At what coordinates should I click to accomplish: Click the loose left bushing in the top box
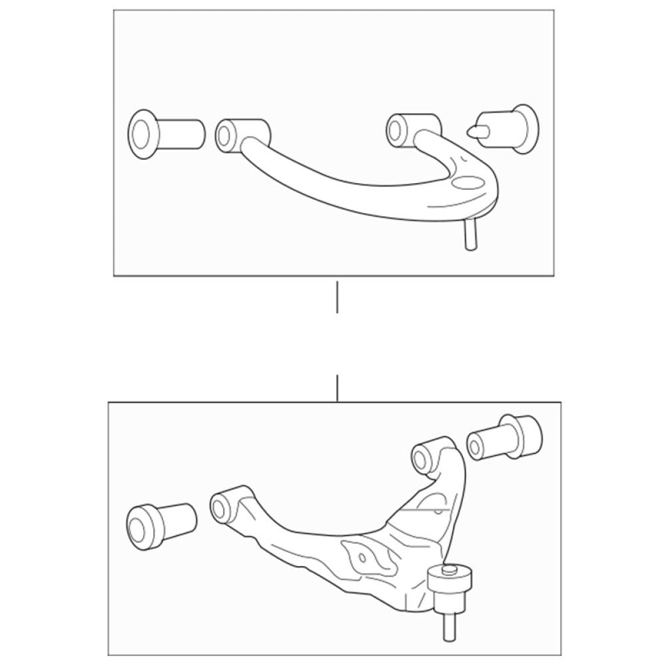166,134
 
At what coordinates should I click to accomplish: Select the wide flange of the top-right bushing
525,128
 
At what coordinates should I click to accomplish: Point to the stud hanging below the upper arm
471,236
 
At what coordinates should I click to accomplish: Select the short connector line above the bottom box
338,388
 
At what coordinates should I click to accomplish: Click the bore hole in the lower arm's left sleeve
219,508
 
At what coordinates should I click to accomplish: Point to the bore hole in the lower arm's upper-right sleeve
421,458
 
